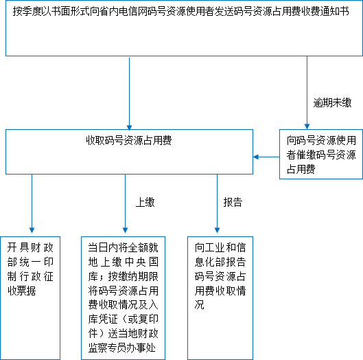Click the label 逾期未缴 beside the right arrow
332,102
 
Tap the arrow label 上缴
145,202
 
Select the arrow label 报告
233,202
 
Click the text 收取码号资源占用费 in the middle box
129,140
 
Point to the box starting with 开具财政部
30,298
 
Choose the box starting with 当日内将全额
123,298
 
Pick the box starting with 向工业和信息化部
220,298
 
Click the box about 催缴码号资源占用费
321,154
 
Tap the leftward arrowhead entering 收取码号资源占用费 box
255,157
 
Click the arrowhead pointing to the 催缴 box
307,126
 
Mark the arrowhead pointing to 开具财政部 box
32,230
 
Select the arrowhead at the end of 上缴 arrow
126,230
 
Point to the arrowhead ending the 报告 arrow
217,230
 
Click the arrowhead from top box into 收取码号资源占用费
130,128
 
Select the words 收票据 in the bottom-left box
21,291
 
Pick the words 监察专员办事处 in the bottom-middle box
122,348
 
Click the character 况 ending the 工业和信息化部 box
199,305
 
